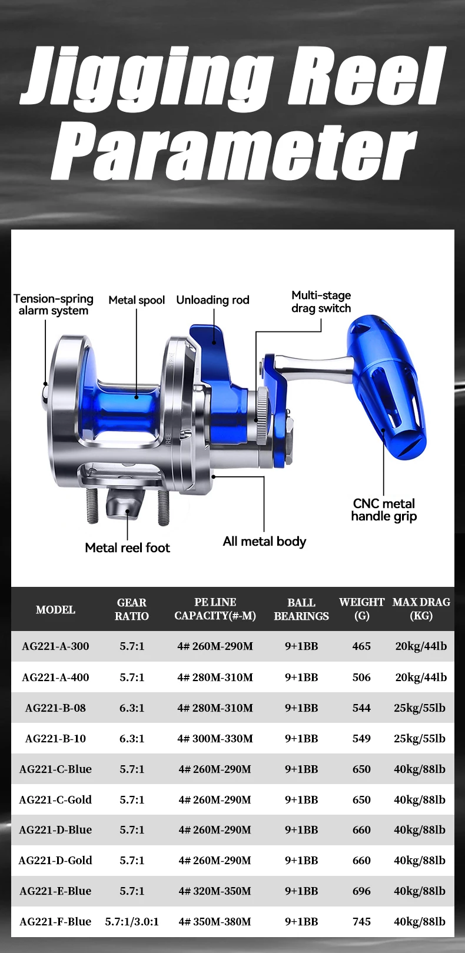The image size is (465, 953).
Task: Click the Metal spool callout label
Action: point(137,300)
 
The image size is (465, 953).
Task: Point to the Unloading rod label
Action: point(212,300)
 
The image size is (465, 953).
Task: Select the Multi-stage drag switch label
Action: point(321,302)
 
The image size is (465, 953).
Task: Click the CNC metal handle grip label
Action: point(384,510)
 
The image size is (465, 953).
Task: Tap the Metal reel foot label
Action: point(127,548)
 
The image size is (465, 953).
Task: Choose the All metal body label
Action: point(264,542)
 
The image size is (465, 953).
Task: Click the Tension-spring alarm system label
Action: point(53,305)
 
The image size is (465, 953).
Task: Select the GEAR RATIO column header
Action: point(132,609)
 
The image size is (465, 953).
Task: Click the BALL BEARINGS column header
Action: point(301,609)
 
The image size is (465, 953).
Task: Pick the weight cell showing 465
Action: point(361,646)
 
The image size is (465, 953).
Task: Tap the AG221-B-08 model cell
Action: point(55,708)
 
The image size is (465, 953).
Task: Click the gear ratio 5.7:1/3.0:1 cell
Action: point(132,922)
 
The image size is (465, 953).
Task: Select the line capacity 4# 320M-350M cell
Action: point(215,891)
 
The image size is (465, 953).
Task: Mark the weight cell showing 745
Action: point(361,922)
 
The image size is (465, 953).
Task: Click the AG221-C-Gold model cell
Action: point(55,800)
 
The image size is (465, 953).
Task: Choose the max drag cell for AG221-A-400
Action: point(421,678)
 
